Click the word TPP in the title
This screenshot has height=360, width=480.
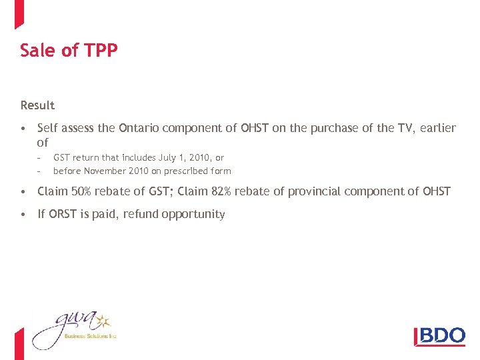(x=103, y=51)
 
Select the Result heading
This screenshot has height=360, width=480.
(x=37, y=105)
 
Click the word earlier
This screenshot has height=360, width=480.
(x=439, y=128)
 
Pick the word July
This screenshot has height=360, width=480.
(x=167, y=158)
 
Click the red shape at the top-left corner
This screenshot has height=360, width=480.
(x=19, y=13)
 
